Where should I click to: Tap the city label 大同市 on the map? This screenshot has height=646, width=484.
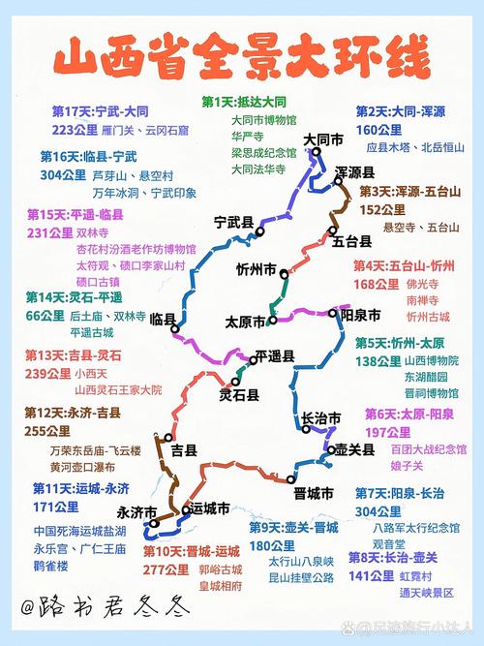[x=323, y=141]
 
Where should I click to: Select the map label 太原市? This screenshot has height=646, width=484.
[x=245, y=322]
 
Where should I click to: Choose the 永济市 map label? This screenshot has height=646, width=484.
[x=136, y=511]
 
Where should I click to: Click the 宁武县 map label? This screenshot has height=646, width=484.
[x=234, y=224]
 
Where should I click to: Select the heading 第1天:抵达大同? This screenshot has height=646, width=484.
[x=244, y=102]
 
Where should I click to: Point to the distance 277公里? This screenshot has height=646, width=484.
[x=164, y=569]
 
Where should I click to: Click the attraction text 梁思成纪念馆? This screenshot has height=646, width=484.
[x=263, y=152]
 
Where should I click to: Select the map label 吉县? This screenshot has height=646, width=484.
[x=184, y=450]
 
